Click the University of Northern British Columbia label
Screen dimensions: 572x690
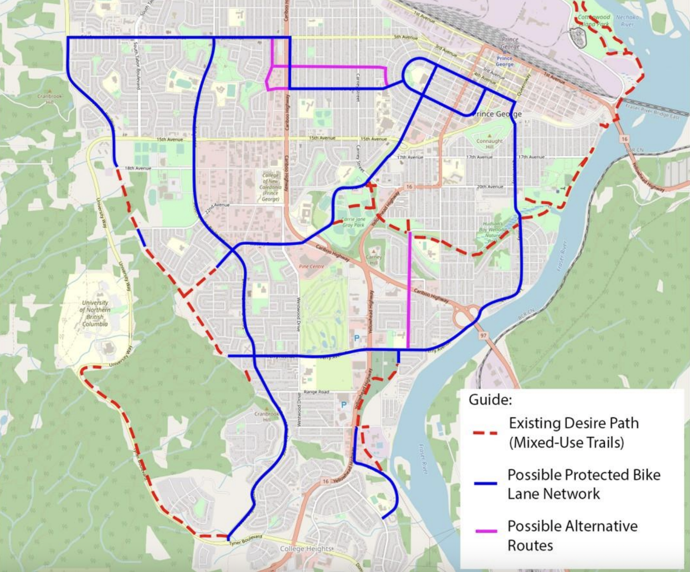[x=96, y=313]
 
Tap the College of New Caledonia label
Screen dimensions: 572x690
[x=270, y=187]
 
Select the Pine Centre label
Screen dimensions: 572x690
[x=311, y=266]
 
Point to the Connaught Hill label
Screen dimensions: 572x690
[x=489, y=144]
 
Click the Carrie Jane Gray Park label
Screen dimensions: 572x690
[x=353, y=222]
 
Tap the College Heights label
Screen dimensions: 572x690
[x=306, y=549]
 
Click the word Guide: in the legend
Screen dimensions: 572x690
[x=490, y=400]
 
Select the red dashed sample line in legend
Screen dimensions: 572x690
[x=485, y=433]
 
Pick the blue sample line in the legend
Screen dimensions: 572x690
[x=485, y=484]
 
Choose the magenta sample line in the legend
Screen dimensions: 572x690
[x=486, y=531]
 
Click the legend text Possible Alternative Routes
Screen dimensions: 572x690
[x=572, y=536]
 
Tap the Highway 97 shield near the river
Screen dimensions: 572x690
[x=483, y=335]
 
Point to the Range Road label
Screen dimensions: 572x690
[x=316, y=392]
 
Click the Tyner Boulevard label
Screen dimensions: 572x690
[x=246, y=539]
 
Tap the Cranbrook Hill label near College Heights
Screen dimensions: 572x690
[x=267, y=416]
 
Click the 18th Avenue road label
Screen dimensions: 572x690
[x=138, y=168]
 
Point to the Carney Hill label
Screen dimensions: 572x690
[x=374, y=260]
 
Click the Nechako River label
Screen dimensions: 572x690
[x=627, y=21]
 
